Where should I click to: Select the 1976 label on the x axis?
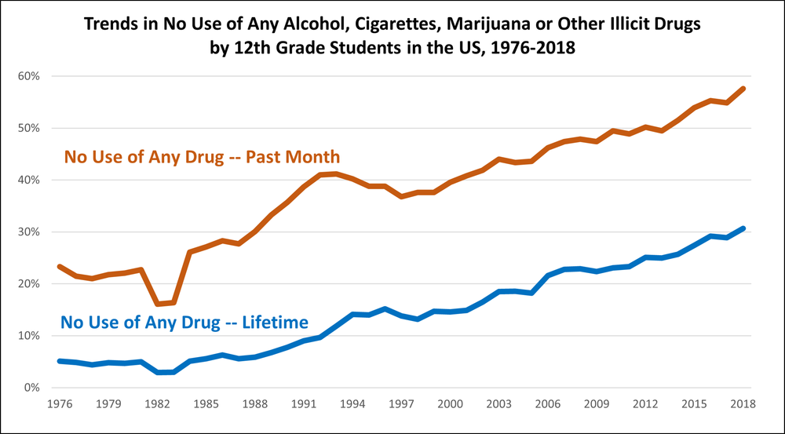tap(60, 404)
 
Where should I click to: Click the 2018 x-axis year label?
tap(743, 404)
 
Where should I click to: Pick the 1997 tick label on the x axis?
tap(401, 404)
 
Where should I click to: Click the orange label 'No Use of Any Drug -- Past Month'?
tap(203, 157)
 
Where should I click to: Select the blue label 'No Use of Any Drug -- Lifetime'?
tap(184, 322)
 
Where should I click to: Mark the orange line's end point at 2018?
tap(743, 89)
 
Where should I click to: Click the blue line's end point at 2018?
tap(743, 228)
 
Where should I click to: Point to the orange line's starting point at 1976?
tap(60, 266)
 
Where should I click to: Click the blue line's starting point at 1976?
tap(60, 361)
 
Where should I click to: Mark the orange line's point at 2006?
tap(548, 148)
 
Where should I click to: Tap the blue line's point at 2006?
tap(548, 275)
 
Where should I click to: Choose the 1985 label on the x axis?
tap(206, 404)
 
